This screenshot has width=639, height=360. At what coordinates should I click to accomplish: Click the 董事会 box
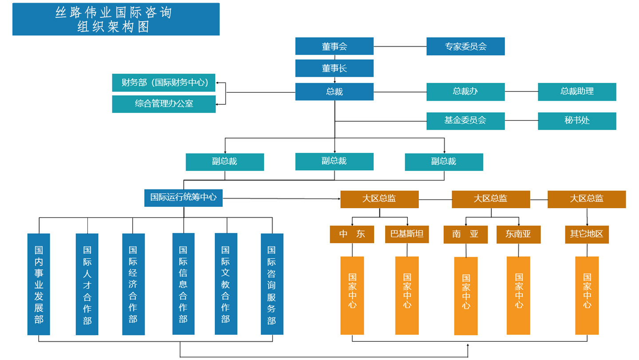pyautogui.click(x=334, y=46)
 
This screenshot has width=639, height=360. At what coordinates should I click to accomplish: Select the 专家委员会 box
pyautogui.click(x=465, y=46)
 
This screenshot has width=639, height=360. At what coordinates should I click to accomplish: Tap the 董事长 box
pyautogui.click(x=334, y=68)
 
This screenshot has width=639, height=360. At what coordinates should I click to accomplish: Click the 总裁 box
pyautogui.click(x=334, y=91)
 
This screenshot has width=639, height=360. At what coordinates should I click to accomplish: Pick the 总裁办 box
pyautogui.click(x=465, y=91)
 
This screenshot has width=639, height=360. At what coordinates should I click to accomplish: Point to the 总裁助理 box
pyautogui.click(x=577, y=91)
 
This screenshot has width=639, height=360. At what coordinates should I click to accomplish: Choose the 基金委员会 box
pyautogui.click(x=465, y=121)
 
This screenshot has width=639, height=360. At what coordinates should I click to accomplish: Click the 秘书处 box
pyautogui.click(x=577, y=121)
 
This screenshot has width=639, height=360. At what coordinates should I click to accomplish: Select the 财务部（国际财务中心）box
pyautogui.click(x=164, y=83)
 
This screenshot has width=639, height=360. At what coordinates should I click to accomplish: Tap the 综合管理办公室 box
pyautogui.click(x=164, y=104)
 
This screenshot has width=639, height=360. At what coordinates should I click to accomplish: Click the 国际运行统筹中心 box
pyautogui.click(x=183, y=198)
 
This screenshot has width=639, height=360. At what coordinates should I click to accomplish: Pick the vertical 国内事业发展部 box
pyautogui.click(x=39, y=284)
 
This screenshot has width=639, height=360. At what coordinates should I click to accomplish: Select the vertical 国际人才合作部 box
pyautogui.click(x=87, y=284)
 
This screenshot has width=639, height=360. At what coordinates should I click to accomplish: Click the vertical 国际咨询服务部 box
pyautogui.click(x=272, y=284)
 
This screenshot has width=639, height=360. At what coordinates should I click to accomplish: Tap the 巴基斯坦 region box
pyautogui.click(x=407, y=234)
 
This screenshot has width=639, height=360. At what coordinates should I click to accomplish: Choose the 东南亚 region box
pyautogui.click(x=518, y=234)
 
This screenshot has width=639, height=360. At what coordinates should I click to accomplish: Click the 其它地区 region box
pyautogui.click(x=587, y=234)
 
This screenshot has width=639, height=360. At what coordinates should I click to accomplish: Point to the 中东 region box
pyautogui.click(x=352, y=234)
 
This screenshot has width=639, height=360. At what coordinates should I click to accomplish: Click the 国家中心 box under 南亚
pyautogui.click(x=466, y=296)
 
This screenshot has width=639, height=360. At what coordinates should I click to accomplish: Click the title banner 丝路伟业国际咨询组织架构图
pyautogui.click(x=116, y=19)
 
